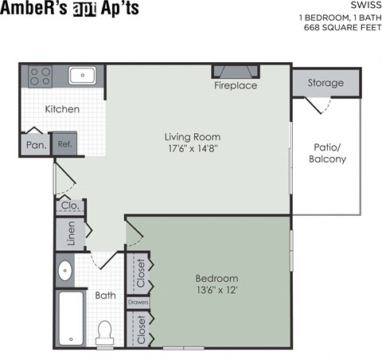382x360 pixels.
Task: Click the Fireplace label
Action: tap(236, 85)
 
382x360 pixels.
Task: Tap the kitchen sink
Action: tap(81, 76)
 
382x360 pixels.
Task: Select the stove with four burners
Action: tap(40, 76)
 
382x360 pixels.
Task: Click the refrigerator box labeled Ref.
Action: tap(63, 144)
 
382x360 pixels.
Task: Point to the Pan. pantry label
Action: tap(35, 145)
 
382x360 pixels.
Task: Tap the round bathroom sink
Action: tap(65, 271)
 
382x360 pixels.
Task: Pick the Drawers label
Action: tap(138, 303)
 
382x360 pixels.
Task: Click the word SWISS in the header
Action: tap(361, 6)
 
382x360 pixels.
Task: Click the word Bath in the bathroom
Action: tap(106, 295)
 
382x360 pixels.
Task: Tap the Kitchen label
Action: tap(61, 109)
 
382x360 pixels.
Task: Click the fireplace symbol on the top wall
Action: tap(236, 71)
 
